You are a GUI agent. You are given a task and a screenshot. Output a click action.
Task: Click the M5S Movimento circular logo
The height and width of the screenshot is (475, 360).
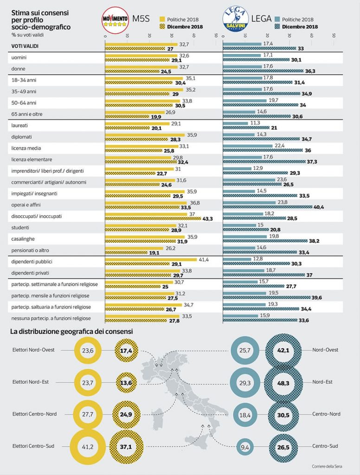coord(115,22)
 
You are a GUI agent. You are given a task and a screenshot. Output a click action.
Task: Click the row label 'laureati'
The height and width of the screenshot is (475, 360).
coord(19,126)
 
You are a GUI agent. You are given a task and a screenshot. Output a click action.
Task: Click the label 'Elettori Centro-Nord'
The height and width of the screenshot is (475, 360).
coord(35,414)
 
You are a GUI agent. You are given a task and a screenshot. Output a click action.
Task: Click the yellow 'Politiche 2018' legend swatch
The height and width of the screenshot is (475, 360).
coord(162,19)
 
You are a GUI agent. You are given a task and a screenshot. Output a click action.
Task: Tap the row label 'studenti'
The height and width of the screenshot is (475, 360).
coord(20,227)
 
